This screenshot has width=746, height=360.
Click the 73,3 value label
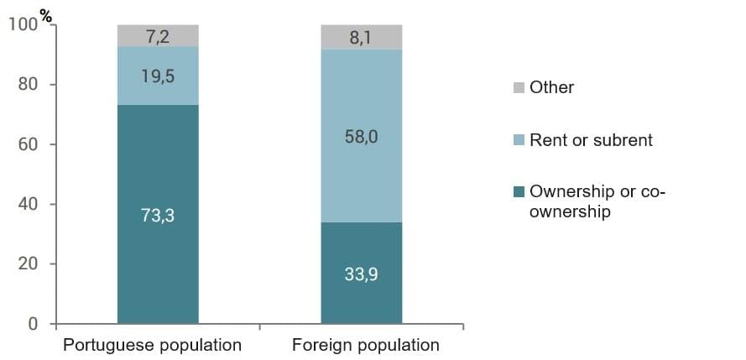pyautogui.click(x=158, y=216)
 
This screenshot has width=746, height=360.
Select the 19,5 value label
pyautogui.click(x=158, y=76)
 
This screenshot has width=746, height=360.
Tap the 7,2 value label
pyautogui.click(x=158, y=36)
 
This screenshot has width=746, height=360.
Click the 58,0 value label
pyautogui.click(x=362, y=137)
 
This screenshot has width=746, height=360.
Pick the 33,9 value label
pyautogui.click(x=362, y=274)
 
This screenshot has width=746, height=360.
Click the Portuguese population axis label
pyautogui.click(x=153, y=345)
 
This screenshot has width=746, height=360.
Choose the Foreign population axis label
pyautogui.click(x=365, y=345)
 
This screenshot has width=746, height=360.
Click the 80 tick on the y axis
pyautogui.click(x=28, y=85)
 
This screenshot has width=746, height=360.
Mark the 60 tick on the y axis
pyautogui.click(x=28, y=144)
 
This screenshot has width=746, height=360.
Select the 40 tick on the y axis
pyautogui.click(x=28, y=204)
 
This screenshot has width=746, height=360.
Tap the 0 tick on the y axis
pyautogui.click(x=33, y=324)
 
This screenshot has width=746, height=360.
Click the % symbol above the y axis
pyautogui.click(x=45, y=14)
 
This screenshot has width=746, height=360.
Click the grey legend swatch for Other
pyautogui.click(x=518, y=87)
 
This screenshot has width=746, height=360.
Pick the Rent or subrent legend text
pyautogui.click(x=591, y=140)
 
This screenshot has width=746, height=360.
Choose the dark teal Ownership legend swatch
pyautogui.click(x=518, y=192)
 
